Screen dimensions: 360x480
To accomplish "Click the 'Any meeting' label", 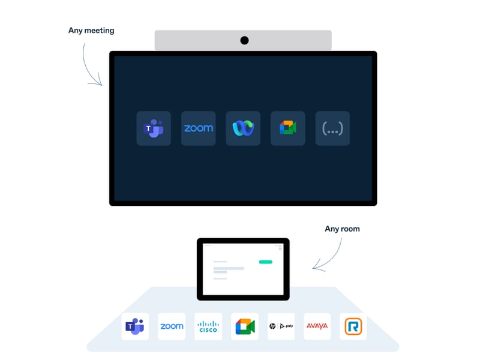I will tap(91, 30).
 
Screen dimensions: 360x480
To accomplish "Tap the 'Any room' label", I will tap(342, 229).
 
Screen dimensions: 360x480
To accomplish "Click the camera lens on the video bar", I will tap(244, 40).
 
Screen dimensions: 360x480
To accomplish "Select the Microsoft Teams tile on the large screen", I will tap(154, 128).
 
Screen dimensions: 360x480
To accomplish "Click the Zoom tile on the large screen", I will tap(198, 128).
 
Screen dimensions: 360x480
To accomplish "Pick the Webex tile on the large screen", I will tap(243, 128).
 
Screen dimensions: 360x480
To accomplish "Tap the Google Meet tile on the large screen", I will tap(288, 128).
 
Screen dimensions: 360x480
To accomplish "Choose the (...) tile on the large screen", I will tap(332, 128).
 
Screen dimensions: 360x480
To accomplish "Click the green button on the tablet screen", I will tap(265, 262).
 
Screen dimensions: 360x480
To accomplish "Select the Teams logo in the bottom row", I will tap(135, 326).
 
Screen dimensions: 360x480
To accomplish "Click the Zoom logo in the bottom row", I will tap(172, 326).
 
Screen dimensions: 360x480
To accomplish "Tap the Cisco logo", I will tap(208, 326).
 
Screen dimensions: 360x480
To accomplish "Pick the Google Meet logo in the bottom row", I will tap(245, 326).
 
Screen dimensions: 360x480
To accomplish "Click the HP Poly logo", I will tap(281, 326).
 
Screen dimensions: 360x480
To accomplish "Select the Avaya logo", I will tap(317, 326).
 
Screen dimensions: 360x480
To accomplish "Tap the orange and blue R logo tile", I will tap(353, 326).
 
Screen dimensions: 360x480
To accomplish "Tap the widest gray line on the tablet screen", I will tap(229, 268).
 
